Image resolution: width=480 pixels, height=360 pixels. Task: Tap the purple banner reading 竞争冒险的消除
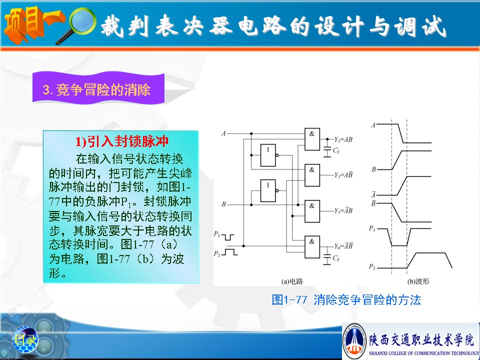pos(98,88)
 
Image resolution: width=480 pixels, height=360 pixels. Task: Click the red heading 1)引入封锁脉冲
pos(122,141)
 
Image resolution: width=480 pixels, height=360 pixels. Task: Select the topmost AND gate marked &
pos(312,139)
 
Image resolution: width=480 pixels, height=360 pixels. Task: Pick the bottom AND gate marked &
pos(312,247)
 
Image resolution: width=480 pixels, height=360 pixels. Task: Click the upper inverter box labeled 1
pos(268,155)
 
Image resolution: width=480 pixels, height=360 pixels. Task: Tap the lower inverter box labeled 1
pos(268,190)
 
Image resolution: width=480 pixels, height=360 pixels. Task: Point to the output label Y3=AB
pos(343,139)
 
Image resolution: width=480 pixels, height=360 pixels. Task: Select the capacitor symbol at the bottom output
pos(327,259)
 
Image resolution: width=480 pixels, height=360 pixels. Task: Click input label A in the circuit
pos(223,133)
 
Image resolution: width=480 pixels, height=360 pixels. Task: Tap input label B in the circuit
pos(224,204)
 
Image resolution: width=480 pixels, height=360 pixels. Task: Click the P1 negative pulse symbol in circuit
pos(228,236)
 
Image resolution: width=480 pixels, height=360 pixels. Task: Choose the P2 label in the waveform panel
pos(372,266)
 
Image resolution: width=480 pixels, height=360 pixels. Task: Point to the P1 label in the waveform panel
pos(372,228)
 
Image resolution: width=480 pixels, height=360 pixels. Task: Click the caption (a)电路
pos(292,281)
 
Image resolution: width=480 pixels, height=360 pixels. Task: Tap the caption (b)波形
pos(418,281)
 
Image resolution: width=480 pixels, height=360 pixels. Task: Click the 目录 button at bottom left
pos(25,339)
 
